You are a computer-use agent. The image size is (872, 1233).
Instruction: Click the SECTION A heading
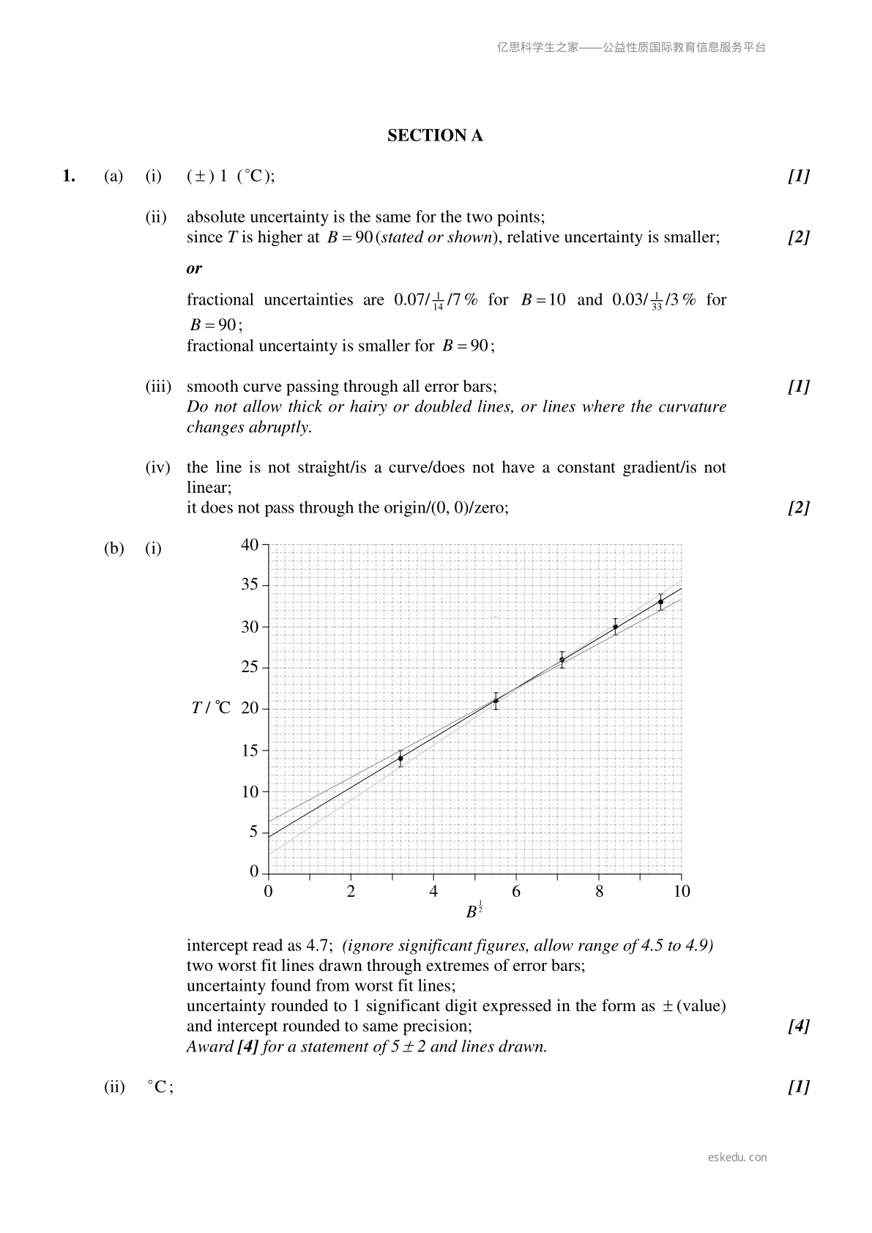point(435,135)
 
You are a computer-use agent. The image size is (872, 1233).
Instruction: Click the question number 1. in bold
point(69,176)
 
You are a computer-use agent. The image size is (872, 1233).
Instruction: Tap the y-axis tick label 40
point(249,544)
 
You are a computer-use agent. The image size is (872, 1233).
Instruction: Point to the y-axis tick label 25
point(249,667)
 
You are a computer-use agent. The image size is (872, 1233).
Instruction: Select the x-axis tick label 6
point(516,892)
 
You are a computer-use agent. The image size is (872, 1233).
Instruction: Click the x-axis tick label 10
point(681,892)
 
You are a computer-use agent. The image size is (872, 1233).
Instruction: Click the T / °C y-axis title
point(210,708)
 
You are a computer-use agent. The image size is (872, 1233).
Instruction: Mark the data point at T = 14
point(400,759)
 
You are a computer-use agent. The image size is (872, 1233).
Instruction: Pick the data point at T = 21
point(496,701)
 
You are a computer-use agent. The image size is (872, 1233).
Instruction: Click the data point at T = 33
point(660,602)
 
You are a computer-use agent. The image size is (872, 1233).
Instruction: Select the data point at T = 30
point(615,627)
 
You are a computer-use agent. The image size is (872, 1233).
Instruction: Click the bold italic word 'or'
point(194,268)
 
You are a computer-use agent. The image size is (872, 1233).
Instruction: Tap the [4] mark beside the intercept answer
point(798,1027)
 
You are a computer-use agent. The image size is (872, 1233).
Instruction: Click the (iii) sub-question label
point(158,387)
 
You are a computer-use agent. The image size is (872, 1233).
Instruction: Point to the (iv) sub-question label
point(158,467)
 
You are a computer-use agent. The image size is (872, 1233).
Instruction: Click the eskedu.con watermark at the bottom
point(737,1158)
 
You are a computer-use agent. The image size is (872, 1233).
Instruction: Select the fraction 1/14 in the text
point(438,302)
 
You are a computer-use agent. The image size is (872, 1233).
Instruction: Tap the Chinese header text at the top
point(630,48)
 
